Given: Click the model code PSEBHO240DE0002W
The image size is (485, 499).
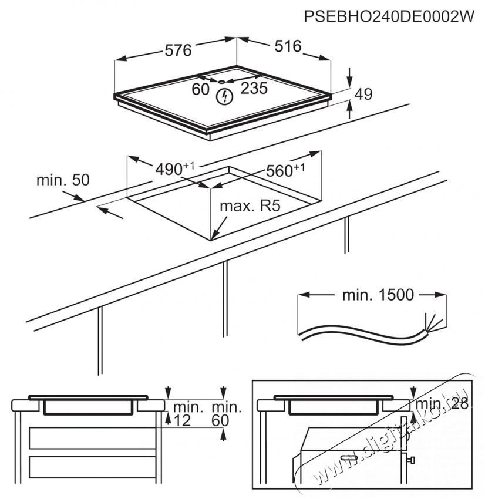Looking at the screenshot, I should coord(388,17).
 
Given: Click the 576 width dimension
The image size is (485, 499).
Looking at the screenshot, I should coord(178,50).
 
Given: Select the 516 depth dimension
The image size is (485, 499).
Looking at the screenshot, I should coord(287,46).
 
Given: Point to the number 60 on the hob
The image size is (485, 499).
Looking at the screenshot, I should coord(201,89).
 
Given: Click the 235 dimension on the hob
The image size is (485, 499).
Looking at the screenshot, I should coord(254,89).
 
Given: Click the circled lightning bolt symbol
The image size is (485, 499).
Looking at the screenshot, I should coord(223,97).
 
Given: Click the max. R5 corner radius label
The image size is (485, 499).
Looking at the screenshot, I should coord(247,207).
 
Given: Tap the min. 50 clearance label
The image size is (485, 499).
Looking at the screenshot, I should coord(63,180).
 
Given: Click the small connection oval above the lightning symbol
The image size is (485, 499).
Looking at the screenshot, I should coord(224,82).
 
